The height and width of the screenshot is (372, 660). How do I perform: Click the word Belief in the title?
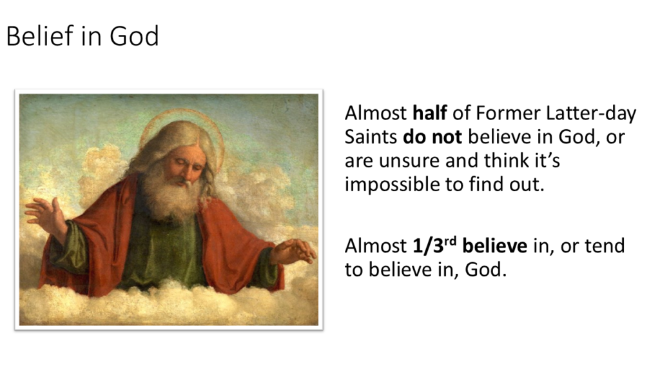click(x=37, y=36)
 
